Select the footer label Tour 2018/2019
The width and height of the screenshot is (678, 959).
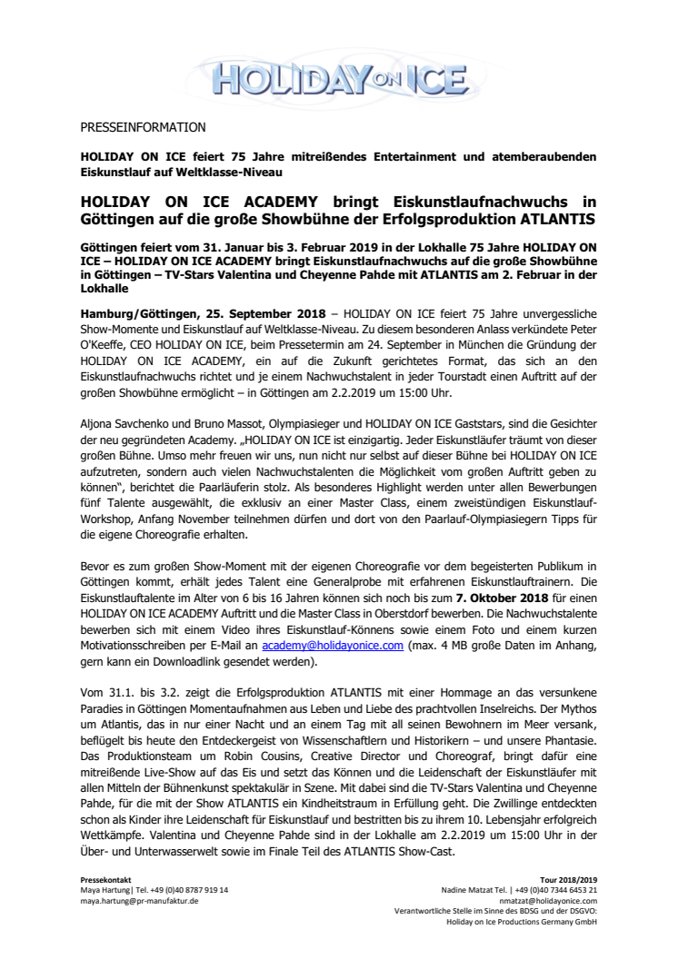point(573,881)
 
